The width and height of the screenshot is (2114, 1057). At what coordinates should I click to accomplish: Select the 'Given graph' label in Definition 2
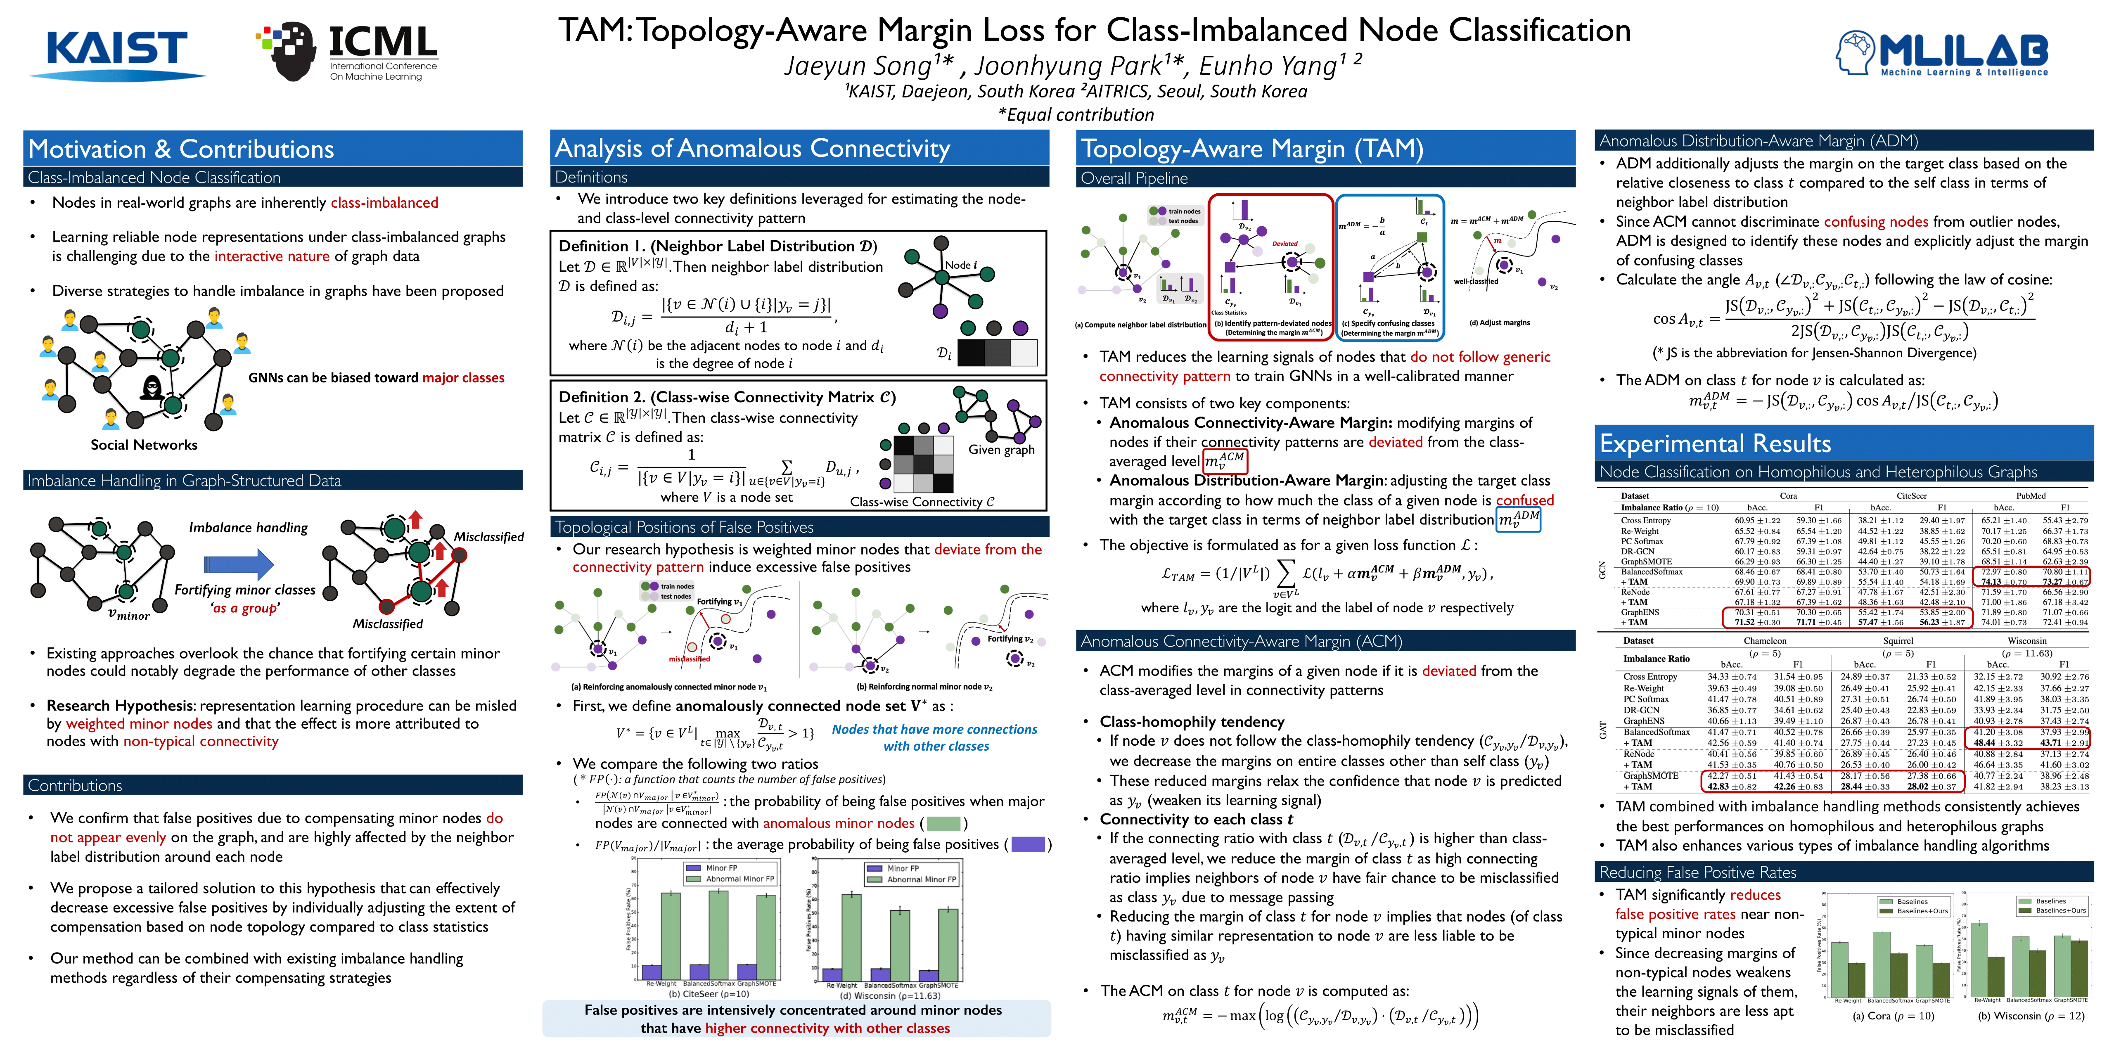[x=1001, y=450]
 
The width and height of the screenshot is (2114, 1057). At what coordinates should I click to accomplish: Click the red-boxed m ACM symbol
[x=1225, y=460]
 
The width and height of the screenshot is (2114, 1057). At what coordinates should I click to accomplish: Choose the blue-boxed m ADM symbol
[x=1518, y=519]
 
